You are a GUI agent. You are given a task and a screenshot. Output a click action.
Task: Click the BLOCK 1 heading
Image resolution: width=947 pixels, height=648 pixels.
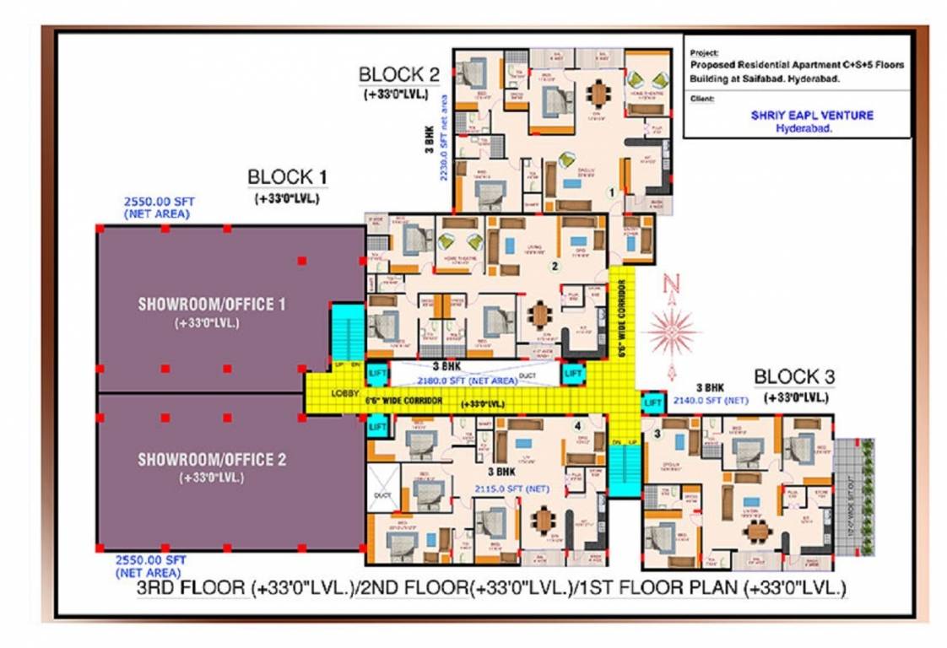(x=286, y=177)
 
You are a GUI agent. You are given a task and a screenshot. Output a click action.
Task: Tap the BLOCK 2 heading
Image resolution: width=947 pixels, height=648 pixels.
(x=399, y=74)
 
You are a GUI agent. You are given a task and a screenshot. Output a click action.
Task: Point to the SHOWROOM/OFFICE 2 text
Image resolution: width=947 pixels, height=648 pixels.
(x=211, y=460)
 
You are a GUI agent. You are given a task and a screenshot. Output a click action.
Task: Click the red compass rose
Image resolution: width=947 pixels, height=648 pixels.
(x=671, y=331)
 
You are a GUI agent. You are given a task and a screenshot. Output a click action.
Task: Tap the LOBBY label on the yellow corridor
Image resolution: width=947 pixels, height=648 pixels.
(x=345, y=395)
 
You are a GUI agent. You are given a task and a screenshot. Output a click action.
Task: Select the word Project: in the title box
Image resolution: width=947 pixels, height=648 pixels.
(x=703, y=52)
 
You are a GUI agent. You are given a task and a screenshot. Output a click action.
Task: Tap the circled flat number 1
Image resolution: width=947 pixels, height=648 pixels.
(x=610, y=191)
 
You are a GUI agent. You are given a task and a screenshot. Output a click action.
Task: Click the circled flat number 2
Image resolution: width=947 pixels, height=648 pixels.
(x=555, y=267)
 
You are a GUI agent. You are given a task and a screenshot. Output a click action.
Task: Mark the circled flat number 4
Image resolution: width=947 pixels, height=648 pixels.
(x=578, y=425)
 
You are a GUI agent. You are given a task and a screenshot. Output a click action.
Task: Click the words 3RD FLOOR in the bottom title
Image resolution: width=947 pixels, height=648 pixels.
(x=192, y=588)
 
